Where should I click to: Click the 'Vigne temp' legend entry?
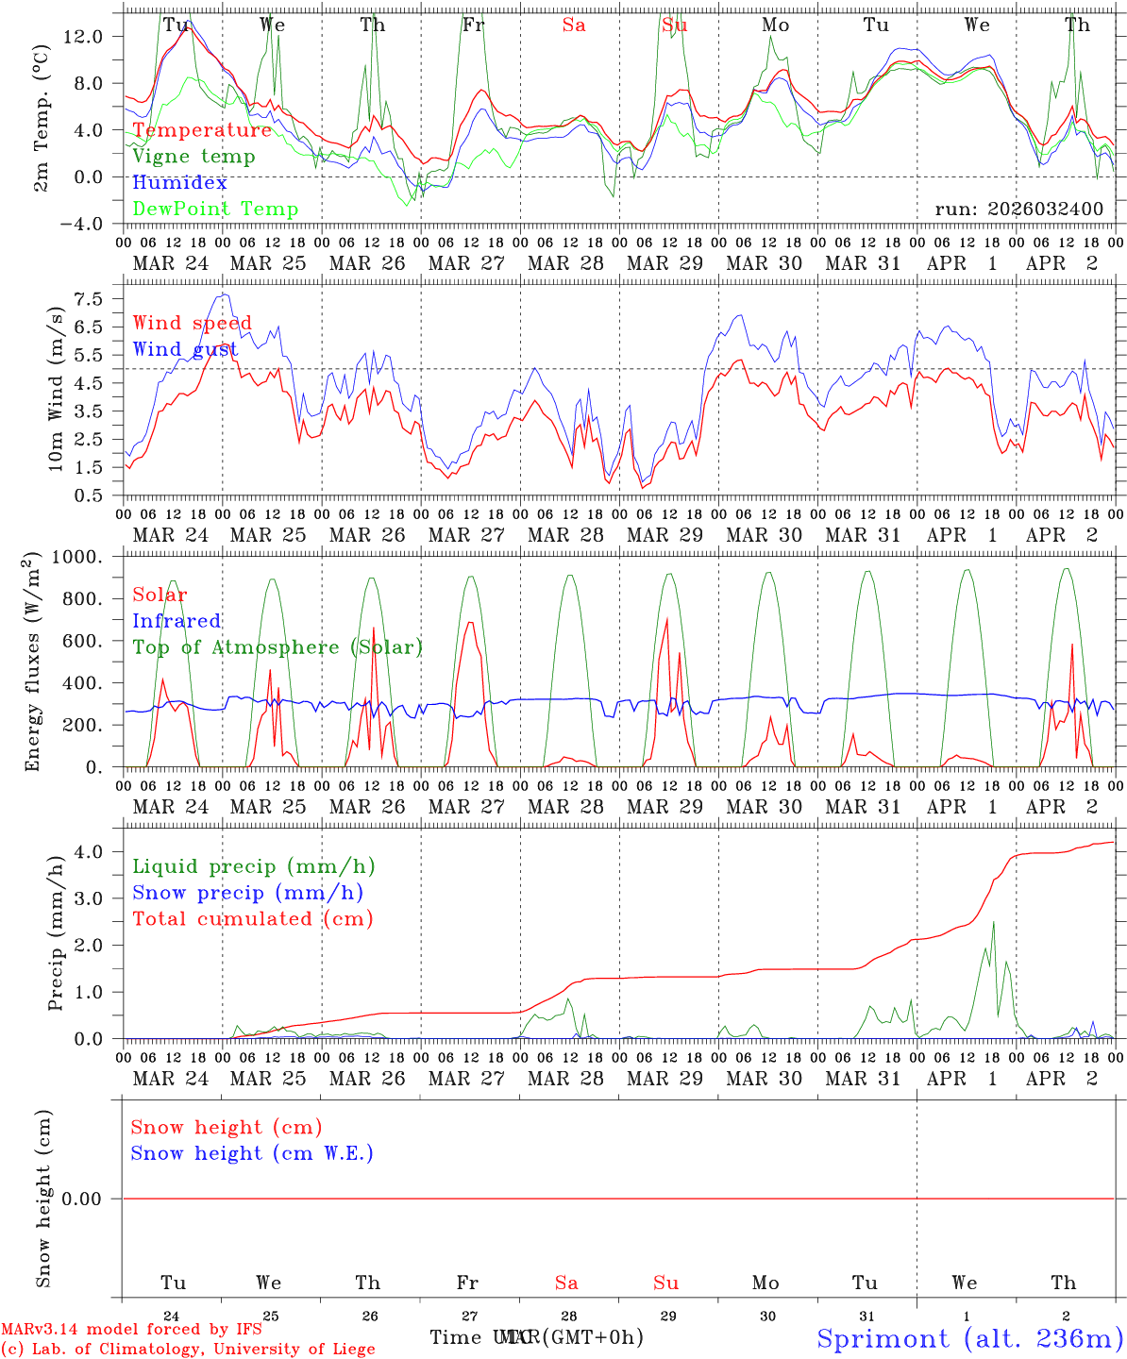click(x=193, y=157)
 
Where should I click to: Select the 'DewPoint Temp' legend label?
click(x=215, y=210)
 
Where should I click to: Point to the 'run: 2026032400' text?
click(x=1018, y=210)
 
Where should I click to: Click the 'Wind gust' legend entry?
click(x=185, y=349)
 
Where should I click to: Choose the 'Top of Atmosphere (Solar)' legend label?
click(x=278, y=647)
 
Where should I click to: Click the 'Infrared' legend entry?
click(x=177, y=621)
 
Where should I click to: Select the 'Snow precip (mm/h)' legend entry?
click(x=247, y=893)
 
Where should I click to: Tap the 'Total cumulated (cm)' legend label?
click(x=252, y=919)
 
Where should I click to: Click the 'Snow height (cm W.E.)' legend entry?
click(x=252, y=1153)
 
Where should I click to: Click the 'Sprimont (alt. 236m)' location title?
click(x=969, y=1338)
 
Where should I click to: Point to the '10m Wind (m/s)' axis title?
click(x=56, y=388)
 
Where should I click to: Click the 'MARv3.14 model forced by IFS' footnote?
click(x=131, y=1330)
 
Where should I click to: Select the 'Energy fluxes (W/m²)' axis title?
click(x=34, y=661)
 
